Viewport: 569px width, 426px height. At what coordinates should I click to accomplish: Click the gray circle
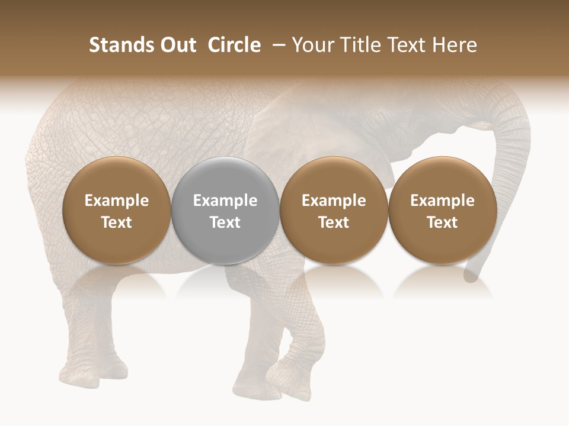225,210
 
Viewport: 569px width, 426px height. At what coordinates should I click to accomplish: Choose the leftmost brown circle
117,210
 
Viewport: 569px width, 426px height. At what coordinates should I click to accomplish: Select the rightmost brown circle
443,210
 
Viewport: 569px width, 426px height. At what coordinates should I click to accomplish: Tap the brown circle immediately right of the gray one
334,210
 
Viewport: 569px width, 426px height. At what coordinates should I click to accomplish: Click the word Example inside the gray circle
225,201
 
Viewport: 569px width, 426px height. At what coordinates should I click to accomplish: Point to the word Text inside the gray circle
225,222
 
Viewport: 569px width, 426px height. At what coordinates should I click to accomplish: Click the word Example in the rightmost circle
443,201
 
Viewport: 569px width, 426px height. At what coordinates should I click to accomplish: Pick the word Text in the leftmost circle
117,222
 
